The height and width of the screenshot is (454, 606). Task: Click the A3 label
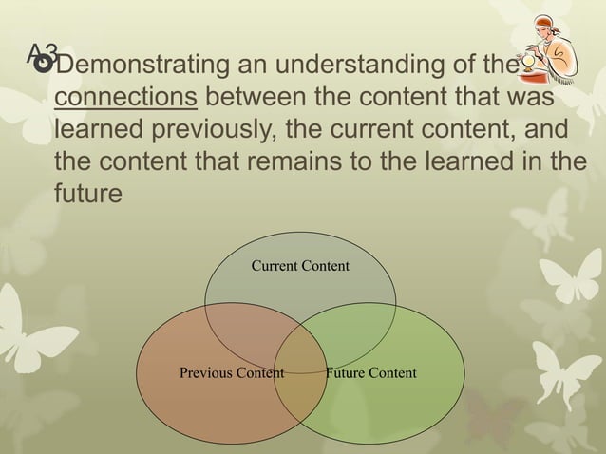[43, 53]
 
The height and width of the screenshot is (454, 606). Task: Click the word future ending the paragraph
[88, 192]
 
